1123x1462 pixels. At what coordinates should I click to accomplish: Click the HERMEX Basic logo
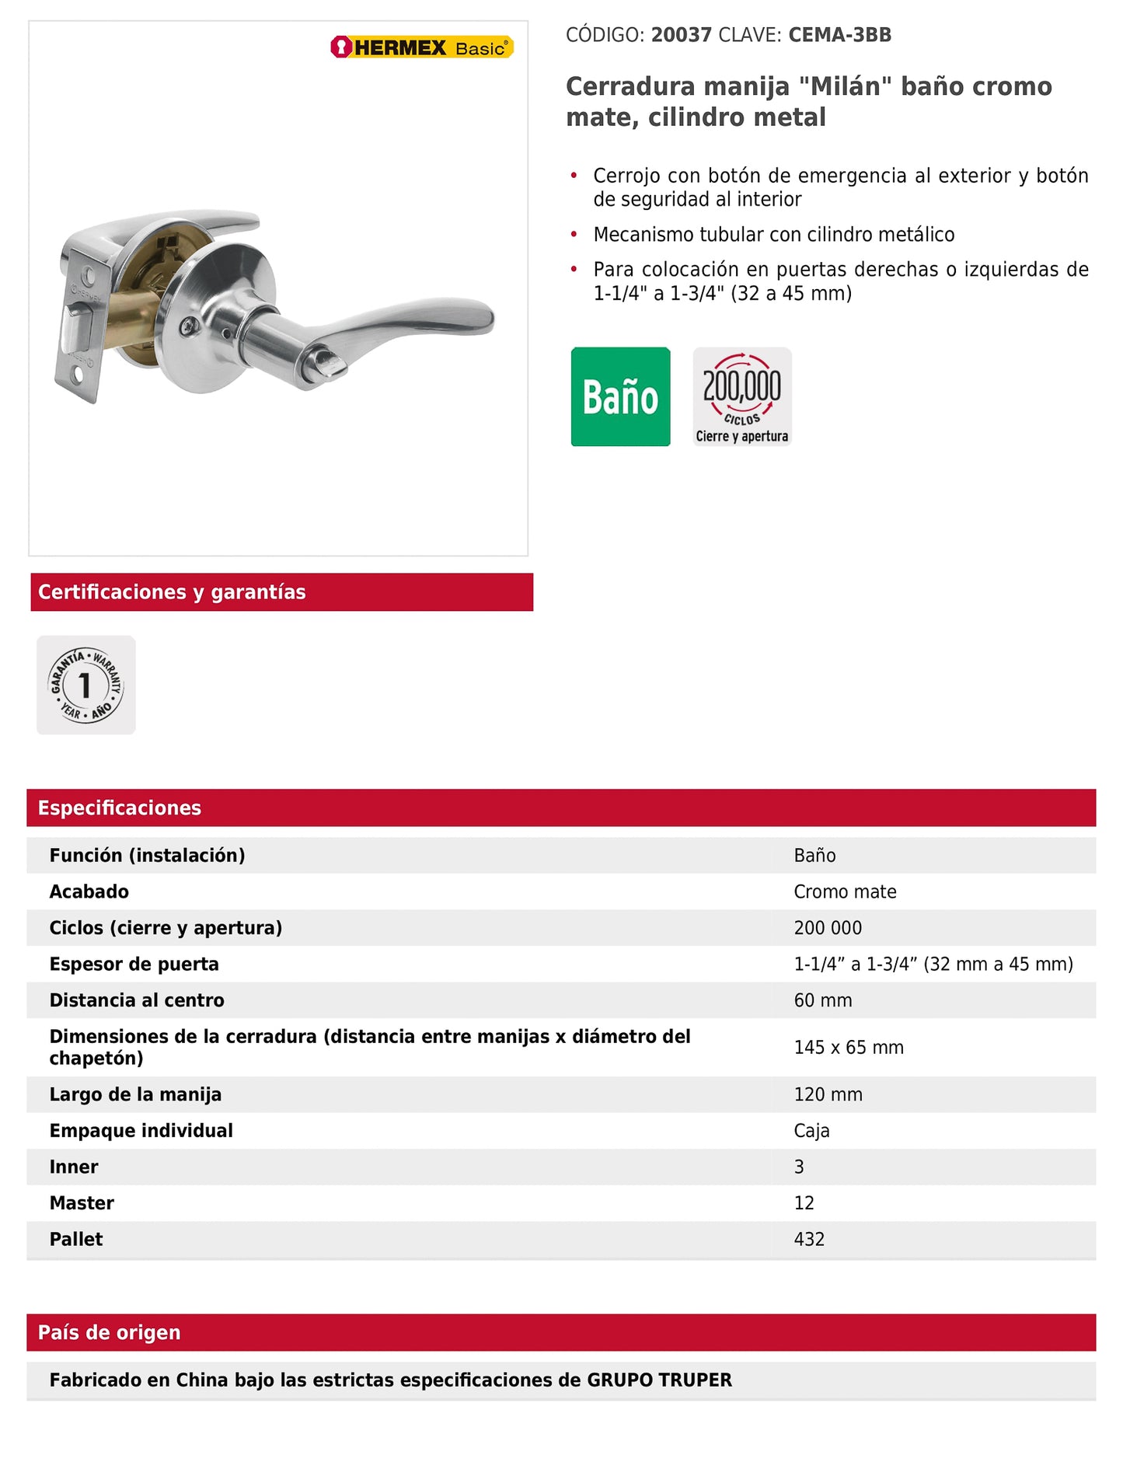[422, 47]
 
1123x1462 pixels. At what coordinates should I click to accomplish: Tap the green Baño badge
[620, 396]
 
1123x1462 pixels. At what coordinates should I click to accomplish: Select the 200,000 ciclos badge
[742, 396]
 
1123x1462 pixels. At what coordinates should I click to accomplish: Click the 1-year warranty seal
[86, 685]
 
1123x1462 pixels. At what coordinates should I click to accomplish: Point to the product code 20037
[681, 35]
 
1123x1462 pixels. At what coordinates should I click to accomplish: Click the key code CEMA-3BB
[839, 35]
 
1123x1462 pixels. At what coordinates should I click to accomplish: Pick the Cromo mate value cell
[845, 892]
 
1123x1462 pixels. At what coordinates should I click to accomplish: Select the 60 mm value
[822, 1000]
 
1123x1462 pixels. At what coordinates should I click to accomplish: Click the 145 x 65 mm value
[849, 1047]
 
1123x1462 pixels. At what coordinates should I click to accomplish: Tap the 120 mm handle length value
[828, 1094]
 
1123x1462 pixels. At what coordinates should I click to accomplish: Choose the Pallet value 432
[809, 1239]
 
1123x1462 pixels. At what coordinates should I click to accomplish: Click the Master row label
[82, 1203]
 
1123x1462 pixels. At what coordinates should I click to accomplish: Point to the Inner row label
[74, 1167]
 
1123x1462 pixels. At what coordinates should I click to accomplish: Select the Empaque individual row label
[141, 1131]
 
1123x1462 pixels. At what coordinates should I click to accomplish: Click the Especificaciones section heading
[120, 808]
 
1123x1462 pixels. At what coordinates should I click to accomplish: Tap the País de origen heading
[109, 1332]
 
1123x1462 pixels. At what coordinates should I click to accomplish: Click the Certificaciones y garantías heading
[172, 592]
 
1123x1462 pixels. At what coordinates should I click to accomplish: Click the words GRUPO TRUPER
[659, 1380]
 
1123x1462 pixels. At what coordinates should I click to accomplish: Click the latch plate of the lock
[78, 326]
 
